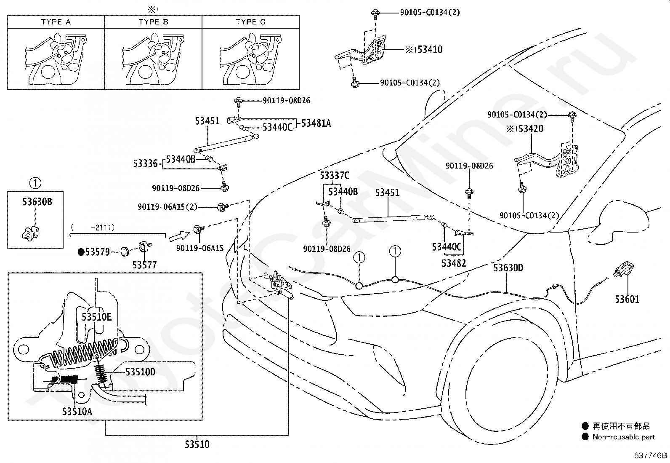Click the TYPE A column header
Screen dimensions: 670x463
tap(56, 22)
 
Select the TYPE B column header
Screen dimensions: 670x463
tap(154, 22)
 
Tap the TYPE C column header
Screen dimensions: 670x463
tap(251, 22)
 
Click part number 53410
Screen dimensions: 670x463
tap(430, 49)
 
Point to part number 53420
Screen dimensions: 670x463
tap(531, 129)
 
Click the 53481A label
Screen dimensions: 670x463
tap(316, 123)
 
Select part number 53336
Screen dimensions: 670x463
tap(145, 163)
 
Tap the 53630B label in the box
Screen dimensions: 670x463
tap(37, 202)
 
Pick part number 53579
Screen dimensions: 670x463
tap(97, 252)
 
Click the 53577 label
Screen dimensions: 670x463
tap(144, 265)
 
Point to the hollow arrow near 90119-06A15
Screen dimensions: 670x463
tap(179, 236)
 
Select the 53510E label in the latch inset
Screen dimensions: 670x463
tap(97, 317)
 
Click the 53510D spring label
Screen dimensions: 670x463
tap(140, 372)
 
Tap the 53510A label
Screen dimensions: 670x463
tap(77, 412)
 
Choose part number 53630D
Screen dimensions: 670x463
tap(508, 268)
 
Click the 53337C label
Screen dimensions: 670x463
tap(335, 176)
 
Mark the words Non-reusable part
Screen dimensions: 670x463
tap(624, 437)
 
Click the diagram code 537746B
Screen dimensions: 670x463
tap(651, 455)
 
